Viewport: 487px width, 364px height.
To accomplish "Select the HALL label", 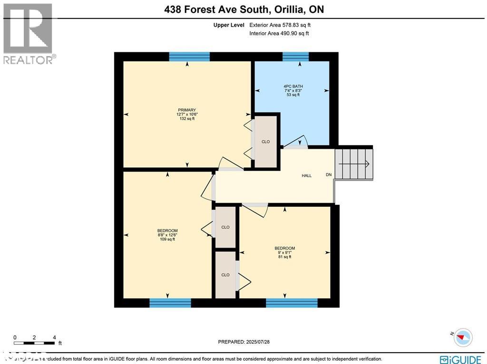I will click(x=307, y=176).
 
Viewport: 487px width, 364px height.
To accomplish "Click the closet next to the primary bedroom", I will click(x=266, y=142).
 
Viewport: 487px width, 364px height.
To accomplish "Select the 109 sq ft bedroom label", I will click(x=167, y=235).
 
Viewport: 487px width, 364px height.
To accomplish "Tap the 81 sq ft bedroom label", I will click(x=284, y=252).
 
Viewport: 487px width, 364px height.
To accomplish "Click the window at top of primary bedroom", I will click(x=189, y=57).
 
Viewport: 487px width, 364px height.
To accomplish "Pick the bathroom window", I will click(x=296, y=57).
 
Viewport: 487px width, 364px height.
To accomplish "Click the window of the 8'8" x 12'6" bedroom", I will click(x=170, y=303).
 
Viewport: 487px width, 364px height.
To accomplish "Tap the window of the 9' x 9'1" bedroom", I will click(x=292, y=303).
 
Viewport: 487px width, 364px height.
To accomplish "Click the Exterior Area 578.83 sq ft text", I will click(x=280, y=25).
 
